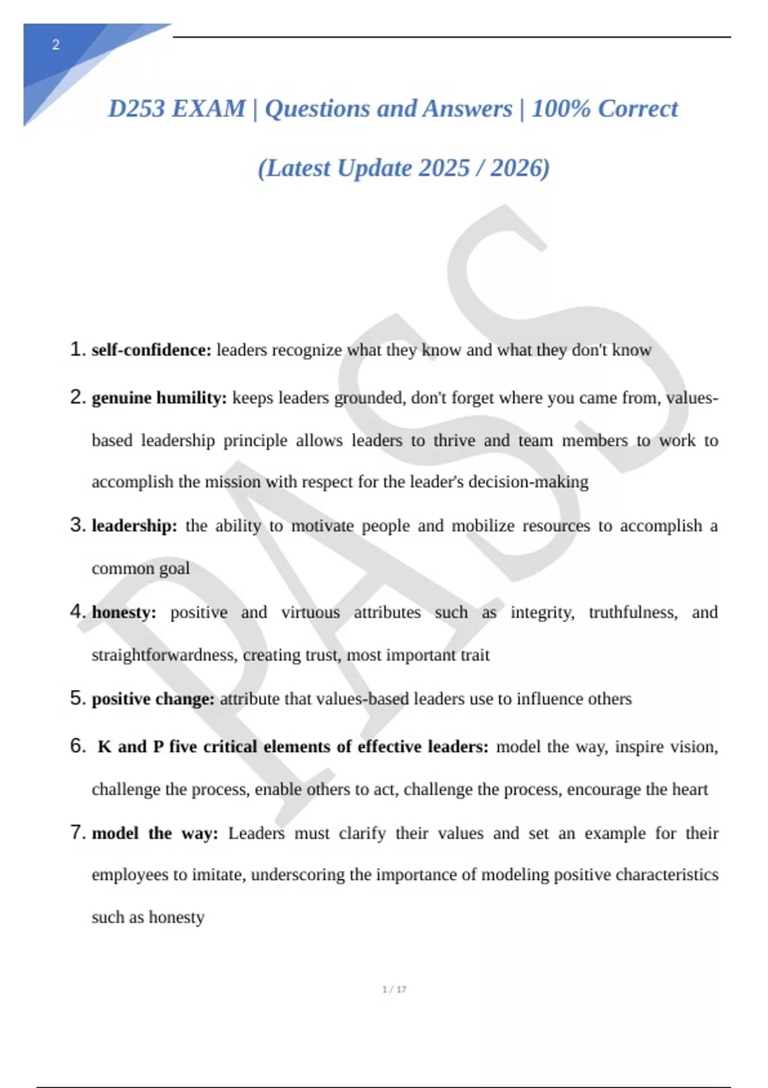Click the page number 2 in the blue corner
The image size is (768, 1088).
point(56,45)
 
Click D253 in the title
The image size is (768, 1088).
point(136,109)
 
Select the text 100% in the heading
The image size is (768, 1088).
point(561,109)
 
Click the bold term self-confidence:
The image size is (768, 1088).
point(151,350)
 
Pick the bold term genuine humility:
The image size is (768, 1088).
point(159,398)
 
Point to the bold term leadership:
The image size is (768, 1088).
point(134,526)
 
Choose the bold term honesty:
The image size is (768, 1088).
point(124,612)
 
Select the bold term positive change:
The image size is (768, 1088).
point(153,699)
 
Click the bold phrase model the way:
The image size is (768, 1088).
point(155,833)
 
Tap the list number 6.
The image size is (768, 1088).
point(77,746)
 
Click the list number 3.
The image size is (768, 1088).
point(77,525)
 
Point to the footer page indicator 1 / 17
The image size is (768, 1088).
point(394,989)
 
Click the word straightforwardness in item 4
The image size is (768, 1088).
point(163,655)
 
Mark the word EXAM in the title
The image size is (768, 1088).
point(209,109)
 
